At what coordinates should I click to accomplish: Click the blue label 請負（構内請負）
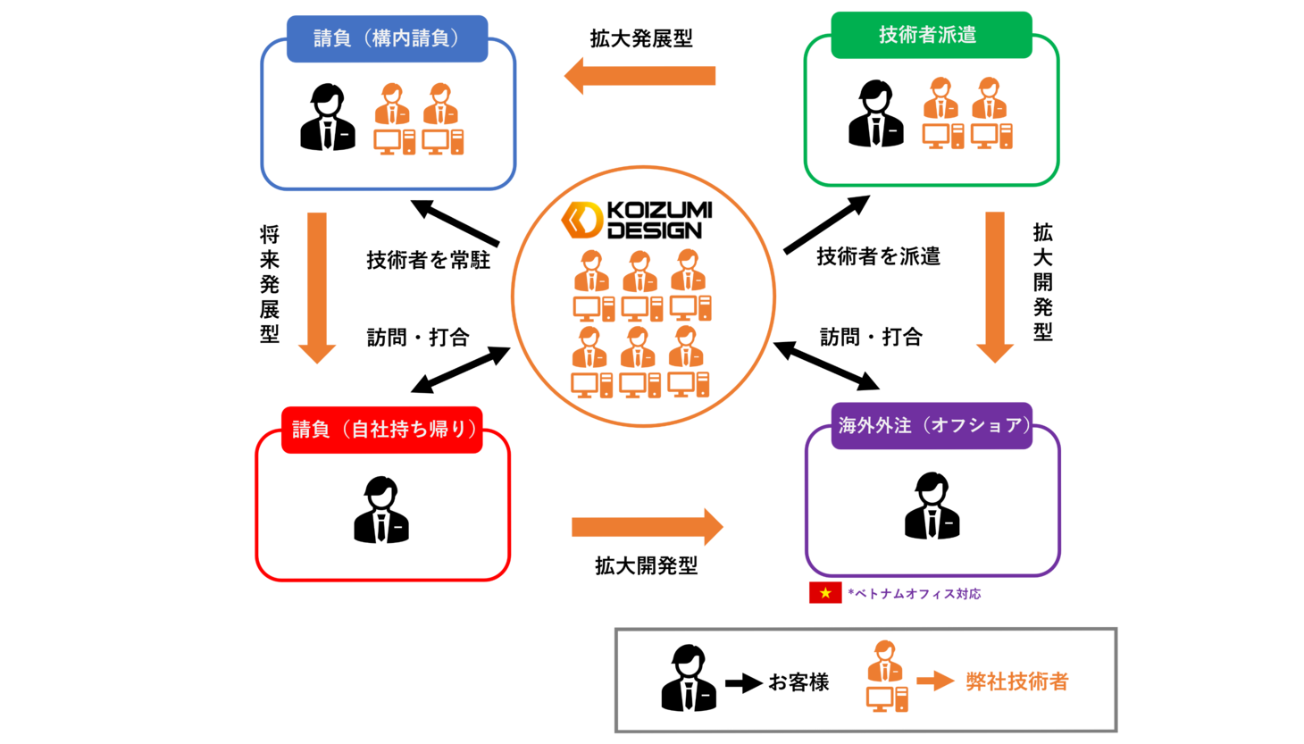pyautogui.click(x=387, y=38)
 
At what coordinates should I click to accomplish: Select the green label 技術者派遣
pyautogui.click(x=931, y=35)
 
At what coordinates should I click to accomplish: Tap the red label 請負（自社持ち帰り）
pyautogui.click(x=382, y=430)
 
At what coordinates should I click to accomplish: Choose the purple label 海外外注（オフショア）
pyautogui.click(x=932, y=425)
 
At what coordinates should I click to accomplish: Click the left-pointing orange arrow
pyautogui.click(x=639, y=76)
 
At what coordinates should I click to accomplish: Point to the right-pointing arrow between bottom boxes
pyautogui.click(x=647, y=527)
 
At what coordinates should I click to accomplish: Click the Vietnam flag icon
pyautogui.click(x=825, y=592)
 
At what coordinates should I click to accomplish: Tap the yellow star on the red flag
pyautogui.click(x=825, y=592)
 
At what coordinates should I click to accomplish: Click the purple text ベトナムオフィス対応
pyautogui.click(x=915, y=593)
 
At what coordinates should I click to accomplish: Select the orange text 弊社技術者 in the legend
pyautogui.click(x=1017, y=681)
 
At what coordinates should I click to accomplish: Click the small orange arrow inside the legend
pyautogui.click(x=935, y=681)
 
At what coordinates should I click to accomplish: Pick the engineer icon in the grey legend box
pyautogui.click(x=886, y=676)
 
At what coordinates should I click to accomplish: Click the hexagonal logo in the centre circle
pyautogui.click(x=582, y=220)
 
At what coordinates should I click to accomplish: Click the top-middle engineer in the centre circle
pyautogui.click(x=641, y=286)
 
